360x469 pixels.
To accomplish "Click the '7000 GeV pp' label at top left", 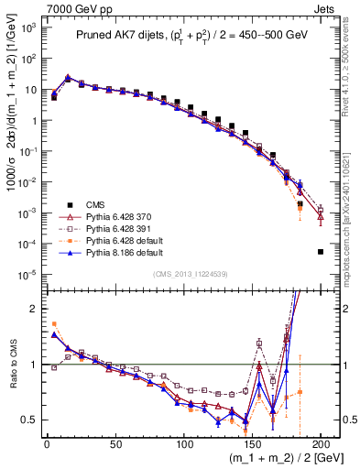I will click(76, 8).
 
